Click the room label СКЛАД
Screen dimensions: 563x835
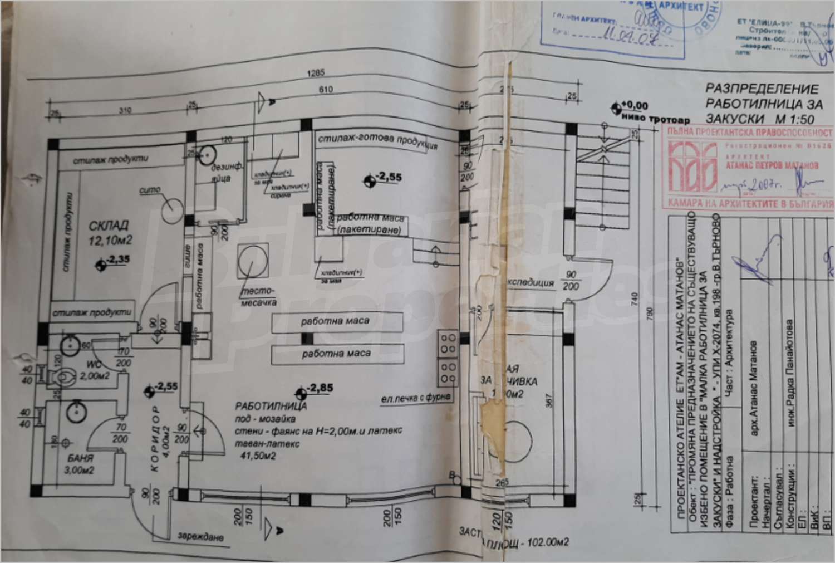point(109,226)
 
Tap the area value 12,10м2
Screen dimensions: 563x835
point(111,241)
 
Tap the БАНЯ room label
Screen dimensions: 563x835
point(78,459)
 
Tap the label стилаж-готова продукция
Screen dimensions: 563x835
point(377,141)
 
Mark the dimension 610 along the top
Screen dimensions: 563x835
point(326,90)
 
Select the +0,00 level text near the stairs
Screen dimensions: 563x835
point(635,105)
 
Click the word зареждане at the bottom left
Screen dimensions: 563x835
point(201,537)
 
